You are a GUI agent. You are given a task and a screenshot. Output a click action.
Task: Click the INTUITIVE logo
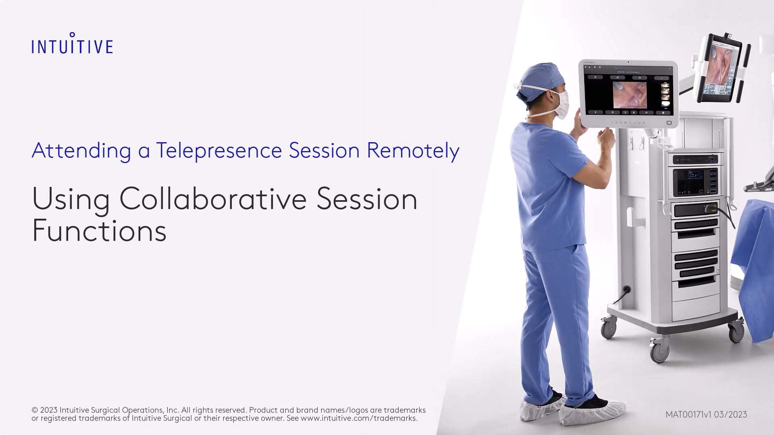click(x=72, y=43)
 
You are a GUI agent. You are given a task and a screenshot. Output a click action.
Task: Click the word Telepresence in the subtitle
click(x=219, y=150)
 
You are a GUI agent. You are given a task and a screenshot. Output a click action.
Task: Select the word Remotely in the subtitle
click(x=413, y=151)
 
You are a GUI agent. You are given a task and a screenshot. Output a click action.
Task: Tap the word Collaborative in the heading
click(x=213, y=199)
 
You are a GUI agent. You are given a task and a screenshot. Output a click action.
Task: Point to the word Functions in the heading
click(x=99, y=231)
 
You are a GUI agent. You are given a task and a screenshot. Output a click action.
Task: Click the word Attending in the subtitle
click(x=81, y=151)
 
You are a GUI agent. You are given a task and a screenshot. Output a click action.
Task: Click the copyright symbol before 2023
click(x=35, y=410)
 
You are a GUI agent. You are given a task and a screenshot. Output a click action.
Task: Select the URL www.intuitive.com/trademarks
click(x=359, y=418)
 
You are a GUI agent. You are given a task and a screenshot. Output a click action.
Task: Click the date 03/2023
click(x=730, y=414)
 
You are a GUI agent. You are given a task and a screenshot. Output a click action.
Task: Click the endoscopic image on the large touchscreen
click(x=630, y=95)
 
